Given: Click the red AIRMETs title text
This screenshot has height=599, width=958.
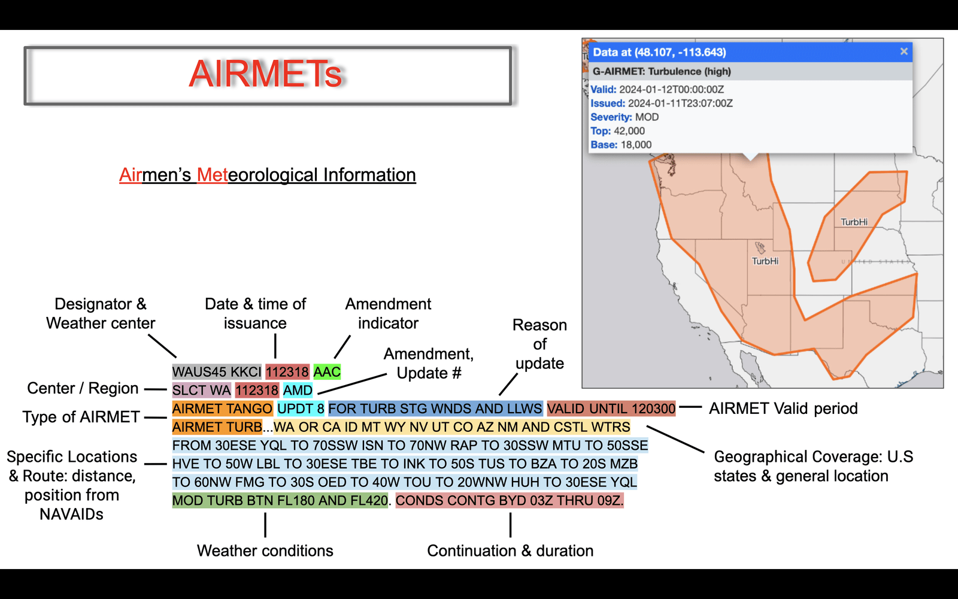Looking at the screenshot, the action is [265, 74].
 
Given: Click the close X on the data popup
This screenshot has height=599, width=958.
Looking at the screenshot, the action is [904, 52].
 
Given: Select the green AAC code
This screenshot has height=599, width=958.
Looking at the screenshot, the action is [327, 372].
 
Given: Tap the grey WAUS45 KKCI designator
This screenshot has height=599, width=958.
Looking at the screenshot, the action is [217, 372].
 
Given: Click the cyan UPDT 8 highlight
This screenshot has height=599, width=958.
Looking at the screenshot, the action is [301, 409].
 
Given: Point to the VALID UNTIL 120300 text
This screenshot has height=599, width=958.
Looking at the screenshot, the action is [611, 409].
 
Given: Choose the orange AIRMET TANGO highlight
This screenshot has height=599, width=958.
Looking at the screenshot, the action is [222, 409].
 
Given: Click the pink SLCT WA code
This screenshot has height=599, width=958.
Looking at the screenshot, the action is [201, 390].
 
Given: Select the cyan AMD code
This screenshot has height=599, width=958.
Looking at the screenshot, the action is [298, 390].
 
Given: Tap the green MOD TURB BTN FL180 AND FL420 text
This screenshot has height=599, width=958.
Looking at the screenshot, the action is [280, 501].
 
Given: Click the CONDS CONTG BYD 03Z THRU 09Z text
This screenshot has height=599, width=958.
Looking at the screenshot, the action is [510, 501].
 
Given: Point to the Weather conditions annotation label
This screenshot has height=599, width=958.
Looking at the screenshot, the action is [265, 550].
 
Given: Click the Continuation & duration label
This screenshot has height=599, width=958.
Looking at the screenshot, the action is [510, 550].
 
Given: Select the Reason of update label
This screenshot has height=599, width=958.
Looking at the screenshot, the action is [539, 344].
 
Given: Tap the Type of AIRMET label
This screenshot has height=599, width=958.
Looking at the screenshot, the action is [81, 417].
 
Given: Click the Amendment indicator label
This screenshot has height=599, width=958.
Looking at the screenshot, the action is [389, 314].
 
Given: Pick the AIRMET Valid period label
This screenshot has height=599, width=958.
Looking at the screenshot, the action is [783, 409].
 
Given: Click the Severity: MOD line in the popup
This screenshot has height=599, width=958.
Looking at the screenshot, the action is [624, 117].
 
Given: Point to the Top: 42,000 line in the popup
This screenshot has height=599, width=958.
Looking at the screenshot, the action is [617, 131].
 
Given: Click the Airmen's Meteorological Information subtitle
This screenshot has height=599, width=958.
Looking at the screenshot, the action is [267, 175].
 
